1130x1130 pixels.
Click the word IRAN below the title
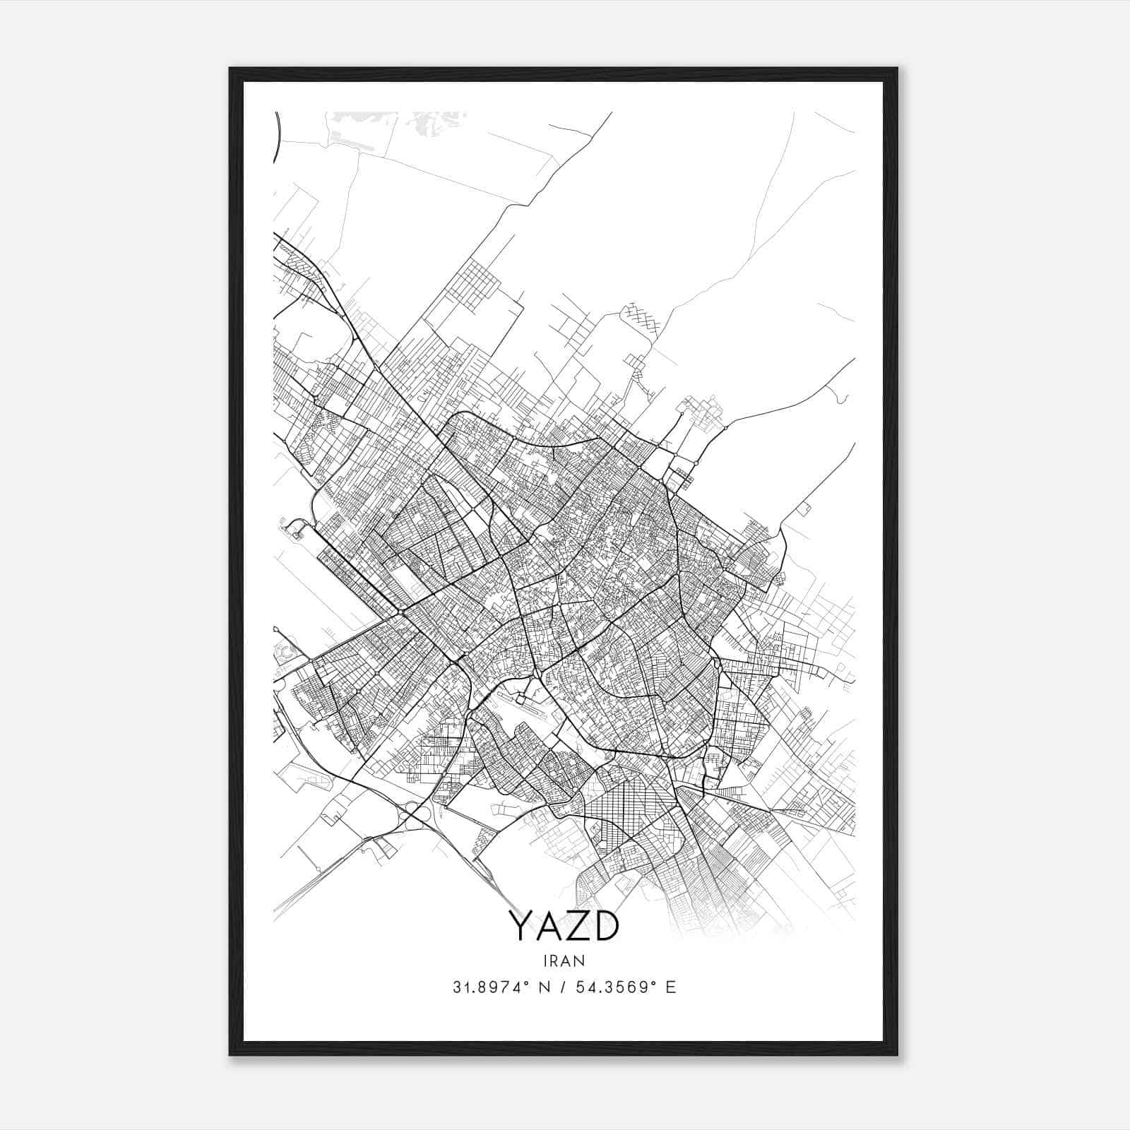click(x=564, y=961)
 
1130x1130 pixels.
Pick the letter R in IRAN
click(x=557, y=961)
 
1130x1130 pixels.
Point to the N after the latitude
click(x=544, y=987)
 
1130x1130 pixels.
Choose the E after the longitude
click(x=670, y=987)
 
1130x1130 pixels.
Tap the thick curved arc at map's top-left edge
click(x=276, y=138)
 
